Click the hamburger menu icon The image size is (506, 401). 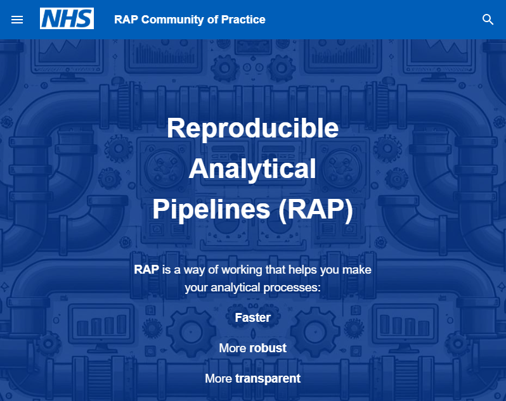(x=17, y=20)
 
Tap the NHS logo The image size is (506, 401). (x=67, y=19)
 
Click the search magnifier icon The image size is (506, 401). (x=488, y=20)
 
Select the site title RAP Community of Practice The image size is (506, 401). (x=190, y=19)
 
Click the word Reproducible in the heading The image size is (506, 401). (x=252, y=128)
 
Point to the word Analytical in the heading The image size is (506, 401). (x=252, y=169)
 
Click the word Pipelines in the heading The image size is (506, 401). (x=211, y=210)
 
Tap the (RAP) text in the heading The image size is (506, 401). (x=315, y=210)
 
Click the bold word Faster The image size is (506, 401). (x=252, y=317)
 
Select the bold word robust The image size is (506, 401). (x=268, y=348)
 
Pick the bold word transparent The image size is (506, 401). (x=268, y=378)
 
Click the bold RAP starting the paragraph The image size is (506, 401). (x=146, y=269)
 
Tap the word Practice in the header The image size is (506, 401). (x=243, y=19)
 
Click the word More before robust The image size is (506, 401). (x=233, y=348)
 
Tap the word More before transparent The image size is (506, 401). (x=219, y=378)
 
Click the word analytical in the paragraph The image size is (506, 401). (x=235, y=288)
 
